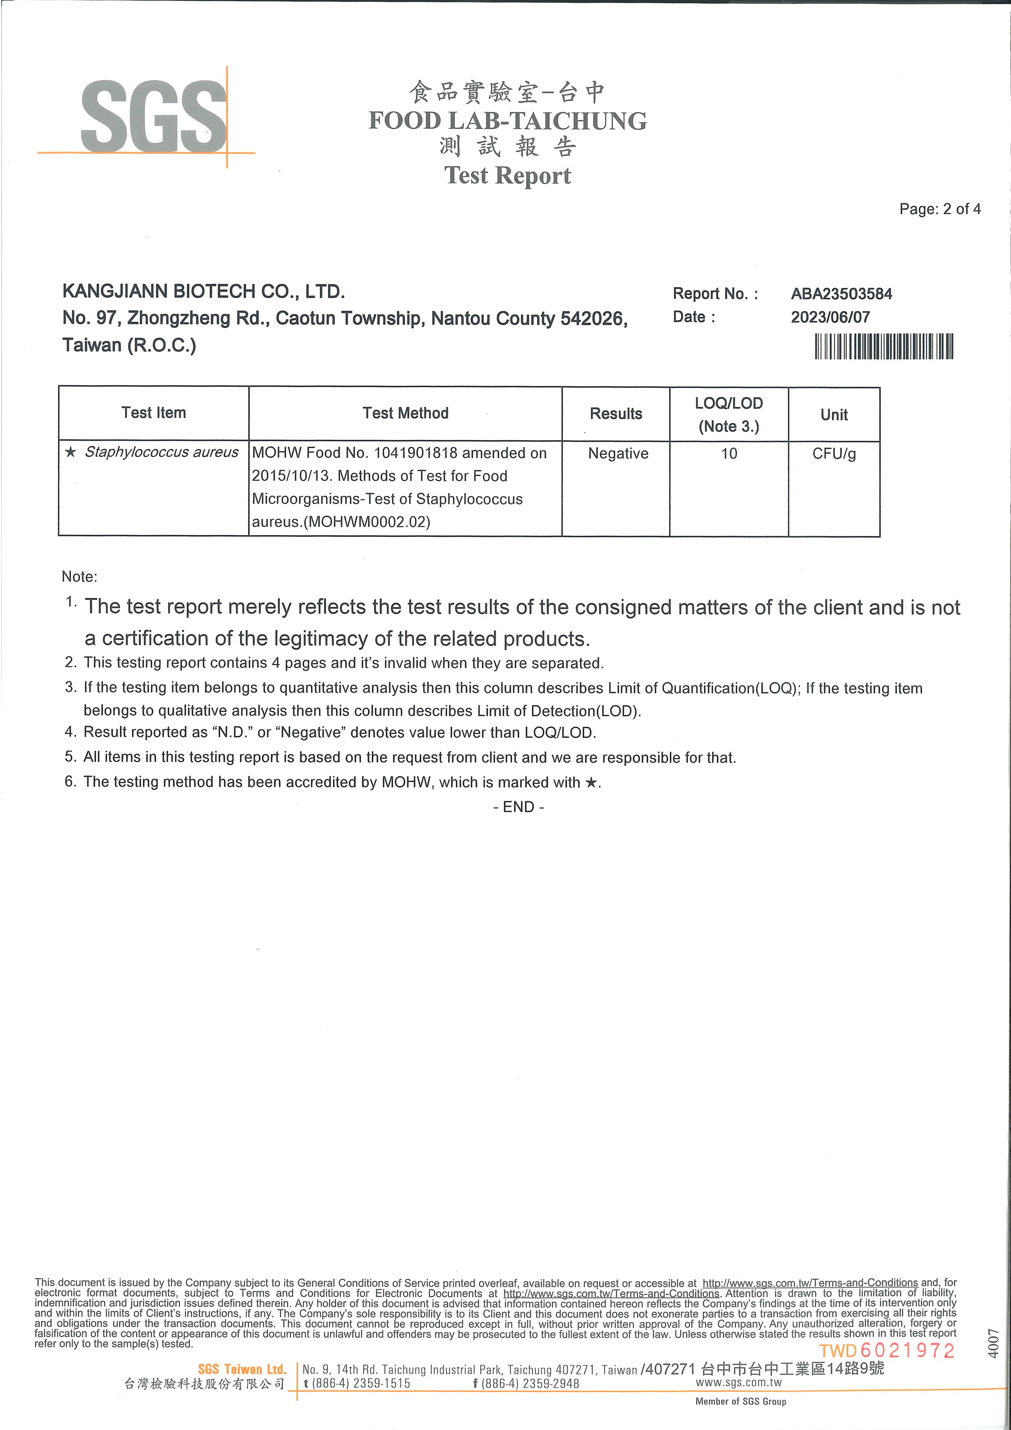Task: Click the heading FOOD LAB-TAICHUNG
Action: coord(507,121)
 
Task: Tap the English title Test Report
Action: coord(507,176)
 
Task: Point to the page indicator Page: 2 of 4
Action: coord(939,209)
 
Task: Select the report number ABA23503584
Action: coord(841,294)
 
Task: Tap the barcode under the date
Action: coord(883,346)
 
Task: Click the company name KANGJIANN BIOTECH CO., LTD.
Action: coord(204,291)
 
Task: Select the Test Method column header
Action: coord(406,413)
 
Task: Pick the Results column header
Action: coord(616,414)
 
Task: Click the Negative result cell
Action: coord(618,453)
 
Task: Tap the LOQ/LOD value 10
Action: coord(729,453)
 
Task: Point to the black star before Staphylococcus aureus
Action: coord(71,452)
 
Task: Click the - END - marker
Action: coord(518,807)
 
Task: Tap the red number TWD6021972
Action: coord(886,1351)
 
